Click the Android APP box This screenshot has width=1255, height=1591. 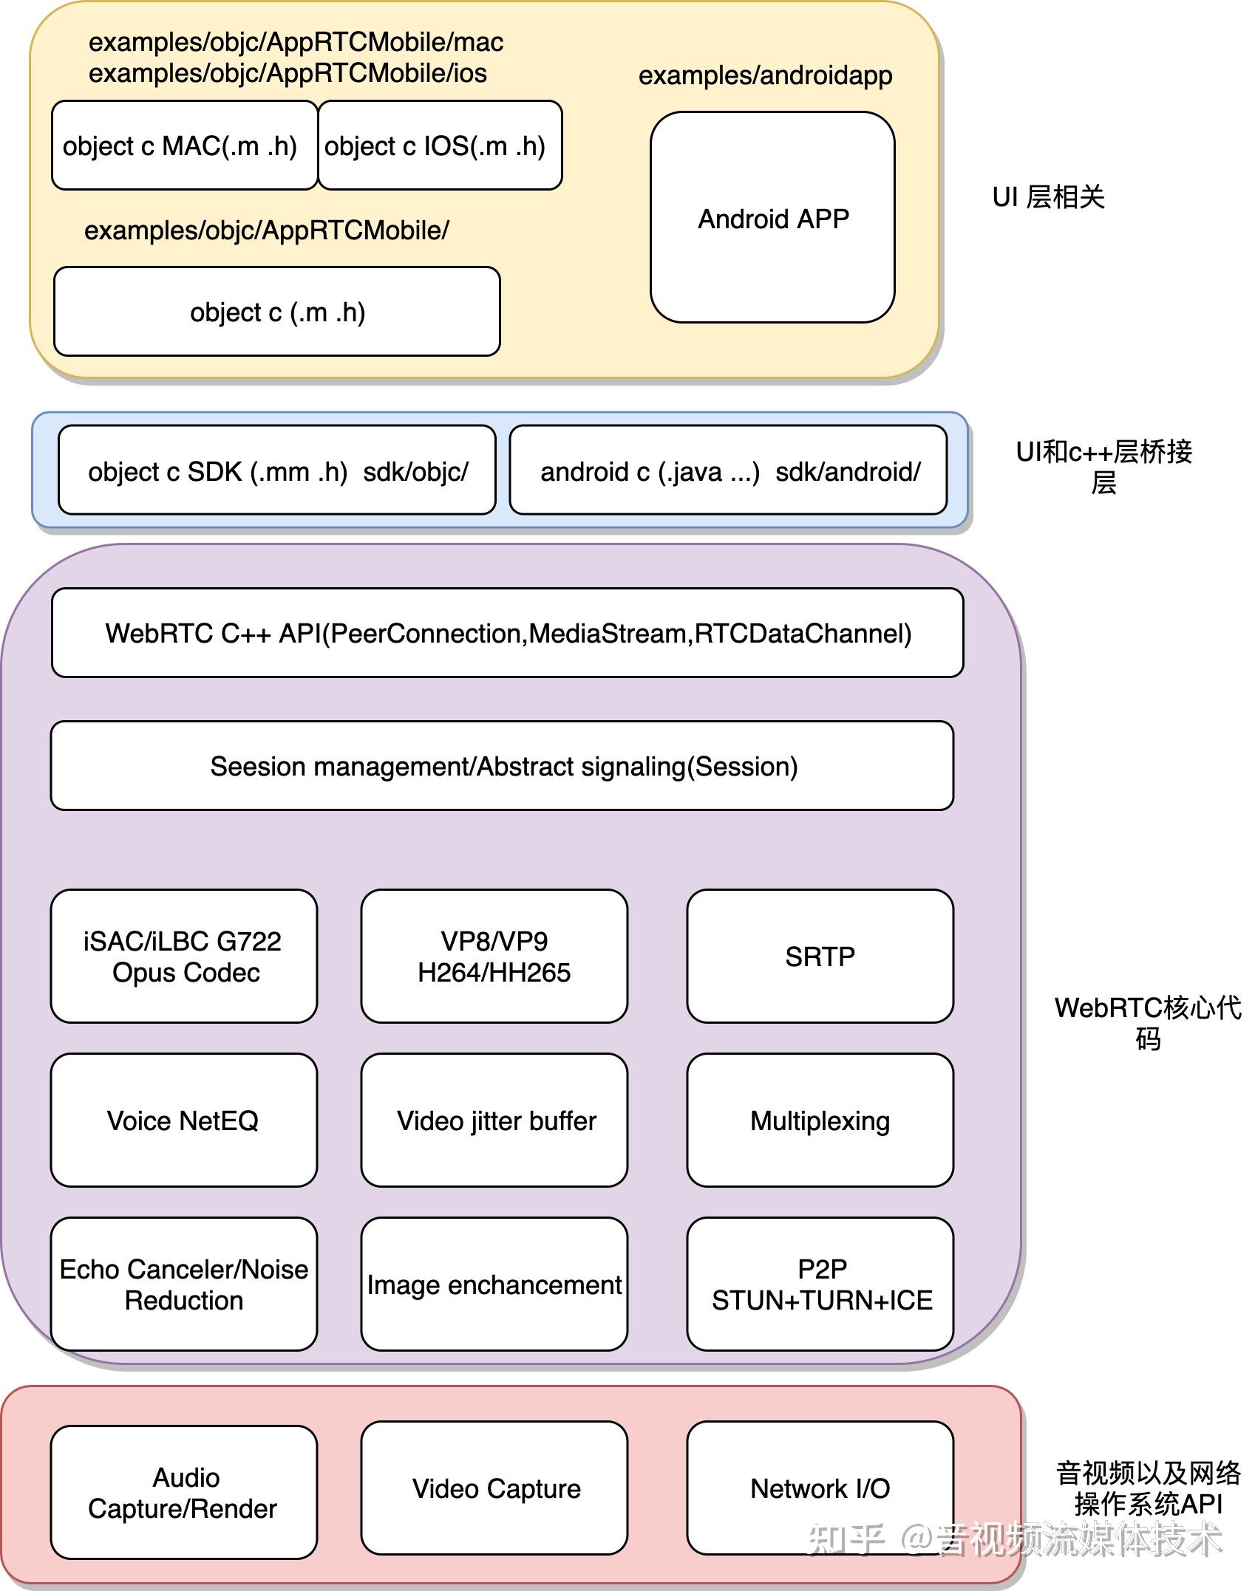tap(772, 218)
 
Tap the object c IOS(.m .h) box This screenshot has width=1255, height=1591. tap(440, 146)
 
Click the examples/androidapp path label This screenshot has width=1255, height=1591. tap(765, 75)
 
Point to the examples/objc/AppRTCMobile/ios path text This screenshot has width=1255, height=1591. tap(288, 73)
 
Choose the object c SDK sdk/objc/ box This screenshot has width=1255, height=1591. tap(276, 471)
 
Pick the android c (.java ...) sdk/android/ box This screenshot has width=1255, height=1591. tap(728, 471)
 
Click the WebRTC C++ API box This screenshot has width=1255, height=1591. tap(507, 633)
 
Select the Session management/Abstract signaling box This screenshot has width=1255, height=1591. tap(502, 766)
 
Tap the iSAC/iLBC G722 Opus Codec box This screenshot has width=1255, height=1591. tap(184, 957)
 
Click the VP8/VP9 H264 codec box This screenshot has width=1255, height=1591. tap(494, 957)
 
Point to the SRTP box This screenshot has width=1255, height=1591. tap(820, 957)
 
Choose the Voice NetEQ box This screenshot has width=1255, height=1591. tap(184, 1120)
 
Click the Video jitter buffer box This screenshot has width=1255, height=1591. tap(494, 1120)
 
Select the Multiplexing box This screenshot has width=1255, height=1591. tap(820, 1120)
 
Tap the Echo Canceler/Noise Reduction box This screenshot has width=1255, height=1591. tap(184, 1284)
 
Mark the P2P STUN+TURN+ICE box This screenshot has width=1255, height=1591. tap(820, 1284)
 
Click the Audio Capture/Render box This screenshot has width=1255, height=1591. tap(184, 1492)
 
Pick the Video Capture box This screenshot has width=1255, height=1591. tap(494, 1488)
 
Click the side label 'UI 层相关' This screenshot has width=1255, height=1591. tap(1048, 197)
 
